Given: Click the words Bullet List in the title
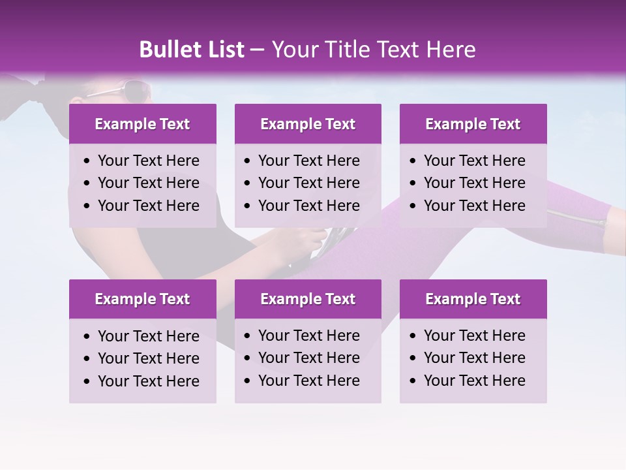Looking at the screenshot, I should click(192, 50).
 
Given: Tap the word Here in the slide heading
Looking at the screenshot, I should click(451, 50).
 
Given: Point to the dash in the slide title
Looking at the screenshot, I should click(258, 50).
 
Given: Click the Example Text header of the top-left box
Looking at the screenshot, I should click(142, 124).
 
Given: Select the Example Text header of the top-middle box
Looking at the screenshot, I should click(308, 124).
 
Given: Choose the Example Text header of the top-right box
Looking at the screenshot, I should click(473, 124).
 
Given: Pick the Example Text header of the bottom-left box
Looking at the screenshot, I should click(142, 299).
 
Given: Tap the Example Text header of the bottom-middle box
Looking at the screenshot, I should click(308, 299).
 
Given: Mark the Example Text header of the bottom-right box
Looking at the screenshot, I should click(473, 299).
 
